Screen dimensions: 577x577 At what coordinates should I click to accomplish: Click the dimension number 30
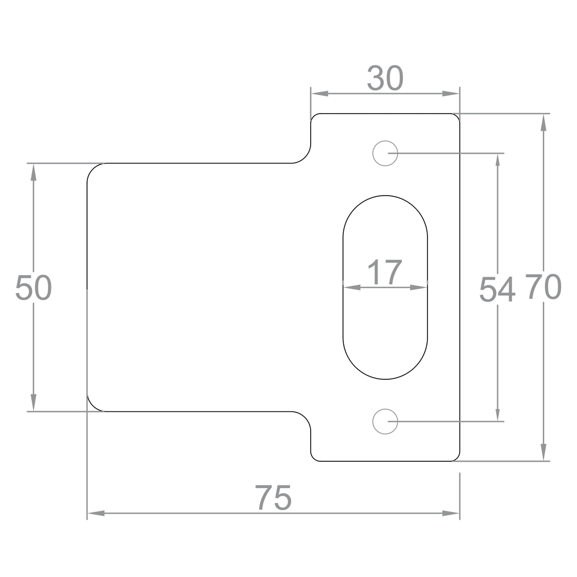[385, 78]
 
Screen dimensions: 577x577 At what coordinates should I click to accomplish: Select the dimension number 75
[273, 498]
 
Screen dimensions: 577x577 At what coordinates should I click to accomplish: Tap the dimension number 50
[34, 288]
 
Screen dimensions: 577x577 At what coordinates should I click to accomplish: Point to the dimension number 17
[385, 272]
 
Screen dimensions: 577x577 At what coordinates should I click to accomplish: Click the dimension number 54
[497, 290]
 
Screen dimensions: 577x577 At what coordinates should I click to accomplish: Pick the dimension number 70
[543, 287]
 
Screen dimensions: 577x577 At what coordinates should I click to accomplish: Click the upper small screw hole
[385, 153]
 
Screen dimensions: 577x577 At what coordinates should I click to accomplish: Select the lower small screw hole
[385, 421]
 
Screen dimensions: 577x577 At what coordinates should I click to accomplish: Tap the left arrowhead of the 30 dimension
[320, 94]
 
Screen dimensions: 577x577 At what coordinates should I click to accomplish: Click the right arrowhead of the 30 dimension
[451, 94]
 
